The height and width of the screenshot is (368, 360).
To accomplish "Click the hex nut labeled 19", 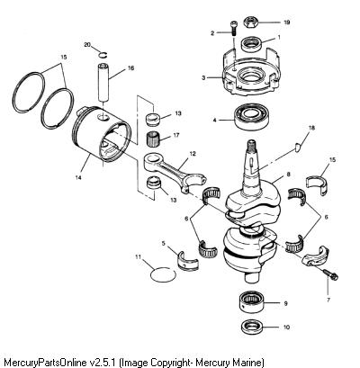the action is [250, 22].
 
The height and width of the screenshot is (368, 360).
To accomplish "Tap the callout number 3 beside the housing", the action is [203, 78].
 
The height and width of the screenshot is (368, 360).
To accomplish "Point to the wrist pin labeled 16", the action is [104, 83].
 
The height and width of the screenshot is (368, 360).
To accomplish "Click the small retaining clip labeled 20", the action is [103, 55].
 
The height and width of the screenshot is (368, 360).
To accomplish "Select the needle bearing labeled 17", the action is [154, 139].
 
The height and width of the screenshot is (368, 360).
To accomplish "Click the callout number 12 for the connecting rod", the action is [193, 154].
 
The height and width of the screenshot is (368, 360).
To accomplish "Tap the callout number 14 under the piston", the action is [78, 177].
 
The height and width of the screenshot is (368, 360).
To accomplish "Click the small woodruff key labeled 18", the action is [297, 148].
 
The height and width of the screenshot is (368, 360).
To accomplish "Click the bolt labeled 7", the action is [330, 274].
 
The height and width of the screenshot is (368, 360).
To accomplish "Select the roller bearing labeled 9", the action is [251, 302].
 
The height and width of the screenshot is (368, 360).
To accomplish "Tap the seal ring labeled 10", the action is [252, 327].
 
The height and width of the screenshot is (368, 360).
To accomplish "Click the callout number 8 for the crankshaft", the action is [288, 174].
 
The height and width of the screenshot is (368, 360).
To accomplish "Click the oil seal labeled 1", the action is [252, 44].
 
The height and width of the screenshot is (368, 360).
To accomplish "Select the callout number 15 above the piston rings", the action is [63, 57].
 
